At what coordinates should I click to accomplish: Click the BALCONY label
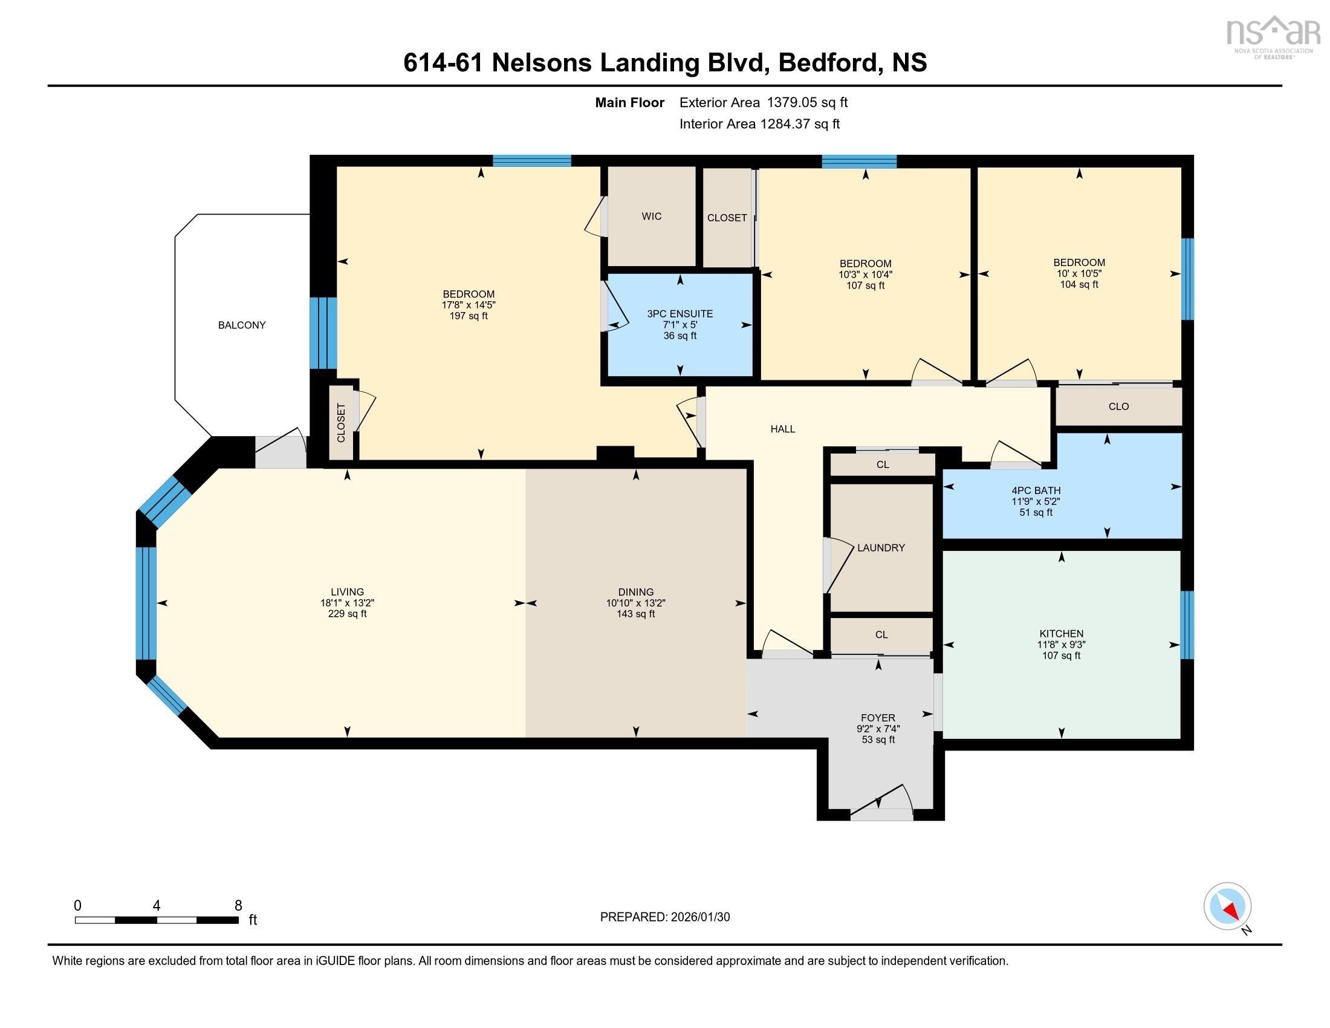click(x=242, y=325)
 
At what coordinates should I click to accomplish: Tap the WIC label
click(x=651, y=216)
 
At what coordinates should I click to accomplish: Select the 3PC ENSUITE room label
click(x=680, y=314)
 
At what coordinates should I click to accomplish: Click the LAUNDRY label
click(x=881, y=547)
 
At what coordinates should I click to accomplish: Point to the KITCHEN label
click(x=1061, y=633)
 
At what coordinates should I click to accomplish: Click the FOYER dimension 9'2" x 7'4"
click(x=878, y=729)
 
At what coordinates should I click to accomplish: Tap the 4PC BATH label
click(x=1035, y=490)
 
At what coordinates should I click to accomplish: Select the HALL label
click(x=782, y=429)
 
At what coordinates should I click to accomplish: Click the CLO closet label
click(x=1118, y=406)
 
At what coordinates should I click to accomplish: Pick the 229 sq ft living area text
click(x=347, y=614)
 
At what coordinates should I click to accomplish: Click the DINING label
click(x=635, y=592)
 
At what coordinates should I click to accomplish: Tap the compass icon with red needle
click(x=1227, y=906)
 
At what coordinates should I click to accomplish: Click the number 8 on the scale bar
click(x=238, y=906)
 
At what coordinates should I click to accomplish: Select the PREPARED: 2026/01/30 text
click(x=664, y=917)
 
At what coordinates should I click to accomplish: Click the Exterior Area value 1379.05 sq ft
click(x=806, y=102)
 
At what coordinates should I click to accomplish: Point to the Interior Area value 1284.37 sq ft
click(x=799, y=123)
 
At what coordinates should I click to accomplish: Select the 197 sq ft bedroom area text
click(x=469, y=316)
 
